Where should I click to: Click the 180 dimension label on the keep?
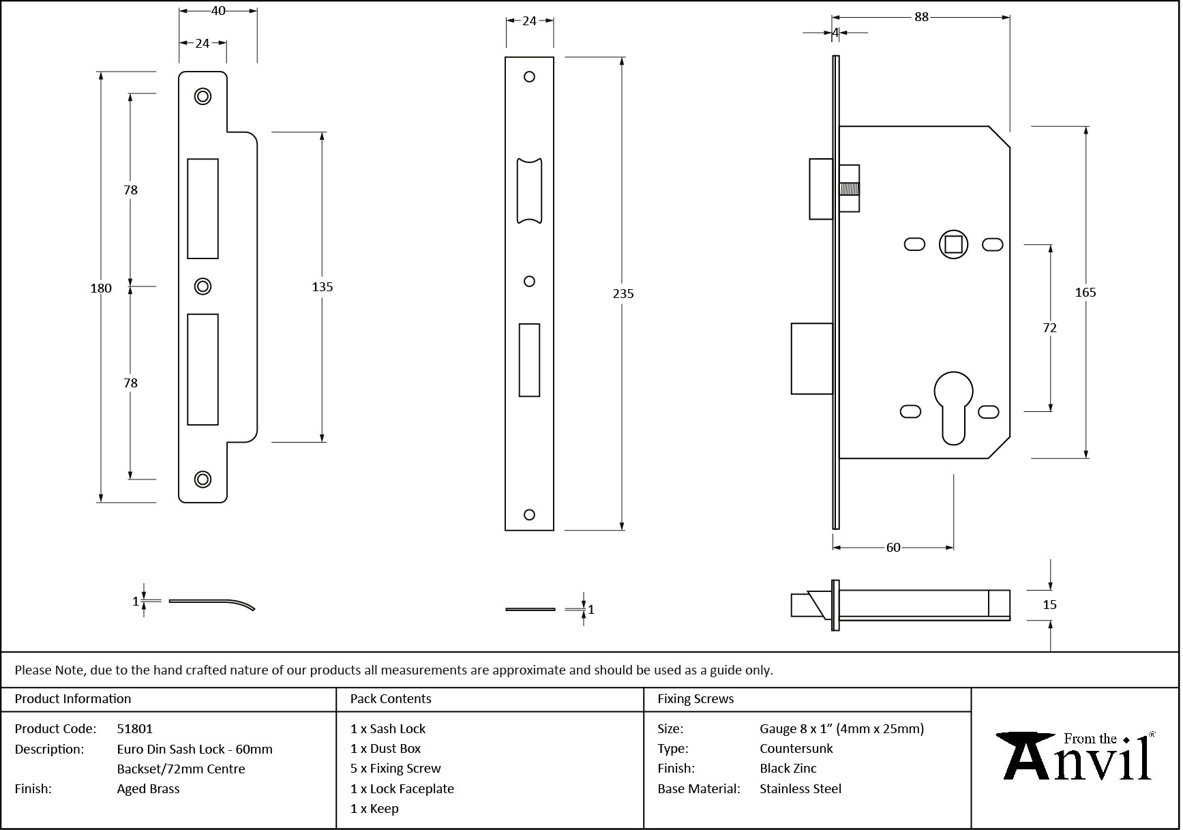coord(101,288)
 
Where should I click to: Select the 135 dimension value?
coord(322,287)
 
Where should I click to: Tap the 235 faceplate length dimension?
coord(623,294)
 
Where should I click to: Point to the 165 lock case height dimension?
coord(1085,293)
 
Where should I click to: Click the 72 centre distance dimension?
coord(1049,328)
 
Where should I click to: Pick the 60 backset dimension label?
coord(893,548)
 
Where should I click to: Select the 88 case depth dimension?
coord(921,17)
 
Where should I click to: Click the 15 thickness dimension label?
coord(1049,605)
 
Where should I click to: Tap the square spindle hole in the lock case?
coord(953,244)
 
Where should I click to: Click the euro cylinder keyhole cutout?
coord(954,406)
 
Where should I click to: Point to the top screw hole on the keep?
coord(203,96)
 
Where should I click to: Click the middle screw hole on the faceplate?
coord(529,281)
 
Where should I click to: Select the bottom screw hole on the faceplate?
coord(529,515)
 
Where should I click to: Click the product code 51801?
coord(135,728)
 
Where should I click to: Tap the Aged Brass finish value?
coord(148,789)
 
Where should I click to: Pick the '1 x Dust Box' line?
coord(385,749)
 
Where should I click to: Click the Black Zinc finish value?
coord(788,769)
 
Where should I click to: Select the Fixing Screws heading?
coord(695,699)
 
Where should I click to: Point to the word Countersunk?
coord(796,749)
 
